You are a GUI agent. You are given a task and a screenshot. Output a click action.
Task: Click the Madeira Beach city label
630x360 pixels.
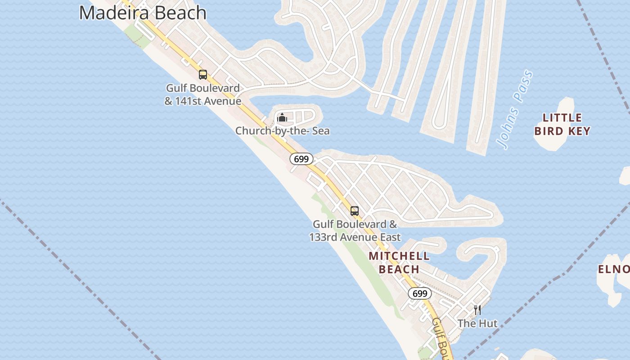[x=143, y=13]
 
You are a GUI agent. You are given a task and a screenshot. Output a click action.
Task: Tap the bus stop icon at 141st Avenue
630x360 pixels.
[x=203, y=75]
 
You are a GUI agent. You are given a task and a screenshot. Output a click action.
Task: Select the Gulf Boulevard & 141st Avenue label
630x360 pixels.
[x=202, y=94]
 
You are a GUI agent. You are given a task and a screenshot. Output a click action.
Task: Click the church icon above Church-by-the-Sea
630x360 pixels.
[x=282, y=118]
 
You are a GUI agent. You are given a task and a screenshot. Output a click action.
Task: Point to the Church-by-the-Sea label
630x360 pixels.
[x=282, y=131]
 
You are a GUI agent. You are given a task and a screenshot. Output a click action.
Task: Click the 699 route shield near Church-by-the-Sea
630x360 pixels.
[x=301, y=159]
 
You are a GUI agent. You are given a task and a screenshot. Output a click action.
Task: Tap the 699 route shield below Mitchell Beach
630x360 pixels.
[x=419, y=294]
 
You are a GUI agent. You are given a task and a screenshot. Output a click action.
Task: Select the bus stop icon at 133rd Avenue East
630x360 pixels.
[x=355, y=211]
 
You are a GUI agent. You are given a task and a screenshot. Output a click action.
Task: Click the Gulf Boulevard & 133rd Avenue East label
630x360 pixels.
[x=355, y=230]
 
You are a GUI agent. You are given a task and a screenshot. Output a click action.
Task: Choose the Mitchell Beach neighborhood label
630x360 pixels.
[x=399, y=263]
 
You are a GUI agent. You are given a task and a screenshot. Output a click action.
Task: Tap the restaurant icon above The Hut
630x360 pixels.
[x=477, y=310]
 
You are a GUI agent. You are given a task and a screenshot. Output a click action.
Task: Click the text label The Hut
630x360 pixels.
[x=477, y=323]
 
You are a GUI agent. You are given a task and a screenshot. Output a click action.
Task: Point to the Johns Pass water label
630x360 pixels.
[x=515, y=110]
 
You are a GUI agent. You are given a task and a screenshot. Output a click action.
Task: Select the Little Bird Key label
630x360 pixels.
[x=562, y=125]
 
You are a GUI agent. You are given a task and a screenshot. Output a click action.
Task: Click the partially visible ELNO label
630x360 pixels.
[x=614, y=269]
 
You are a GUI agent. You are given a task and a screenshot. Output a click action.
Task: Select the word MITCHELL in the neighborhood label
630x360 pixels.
[x=399, y=256]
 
